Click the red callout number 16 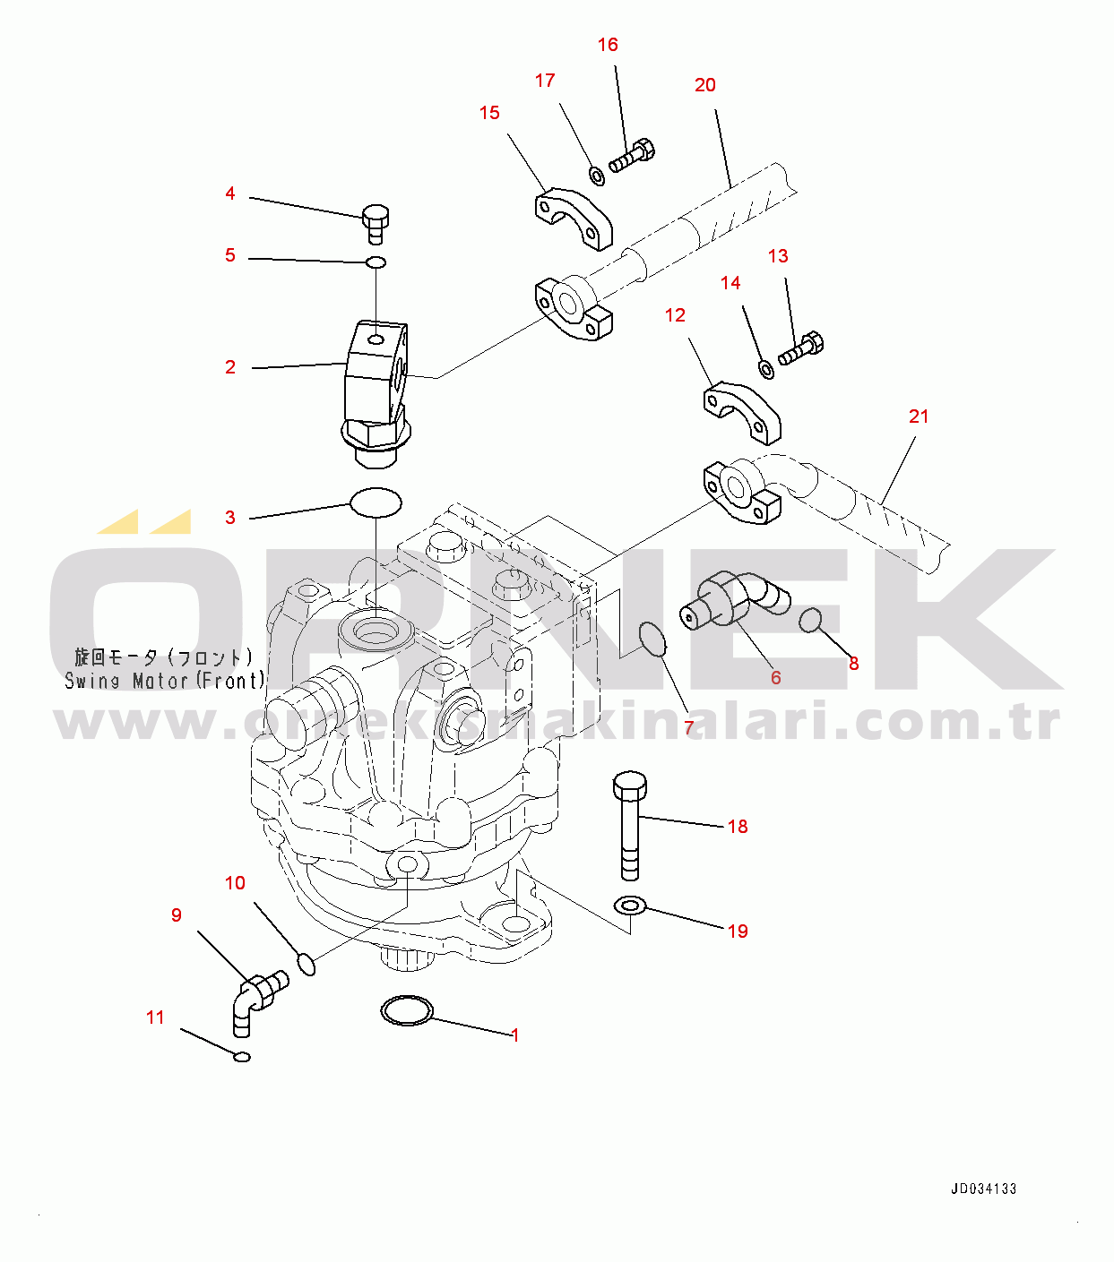coord(608,45)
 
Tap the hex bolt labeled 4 coord(376,224)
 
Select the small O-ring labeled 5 coord(376,262)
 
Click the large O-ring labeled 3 coord(376,502)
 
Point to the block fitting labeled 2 coord(376,392)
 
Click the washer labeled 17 coord(597,176)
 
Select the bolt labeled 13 coord(801,348)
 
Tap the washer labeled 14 coord(767,369)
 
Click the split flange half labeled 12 coord(742,413)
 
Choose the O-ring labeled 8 coord(810,621)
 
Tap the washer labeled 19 coord(630,906)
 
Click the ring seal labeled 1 coord(407,1009)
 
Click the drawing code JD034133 coord(984,1189)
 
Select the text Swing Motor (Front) coord(165,680)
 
